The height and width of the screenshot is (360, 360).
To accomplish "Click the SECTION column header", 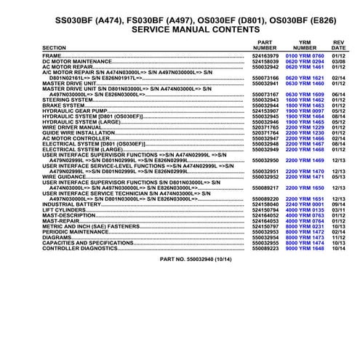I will pos(55,47).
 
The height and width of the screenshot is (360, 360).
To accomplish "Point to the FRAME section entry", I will pos(52,55).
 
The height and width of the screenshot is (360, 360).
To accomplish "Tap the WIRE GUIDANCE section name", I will pos(65,176).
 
